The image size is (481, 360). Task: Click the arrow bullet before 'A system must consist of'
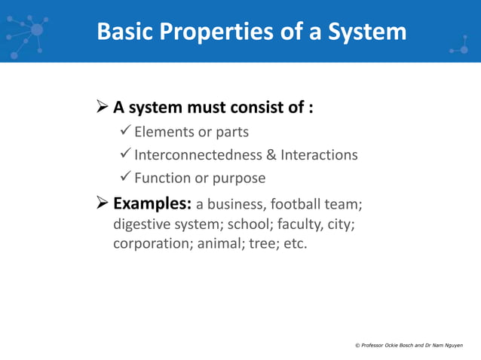103,107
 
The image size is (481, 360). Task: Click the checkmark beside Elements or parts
126,132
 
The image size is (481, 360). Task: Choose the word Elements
163,133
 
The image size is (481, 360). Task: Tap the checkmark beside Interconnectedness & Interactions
126,154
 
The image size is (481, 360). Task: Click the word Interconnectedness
198,155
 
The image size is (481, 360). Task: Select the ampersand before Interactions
271,155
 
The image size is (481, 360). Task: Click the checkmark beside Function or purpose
126,178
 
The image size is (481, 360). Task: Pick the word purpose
239,178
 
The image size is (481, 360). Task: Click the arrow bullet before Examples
103,203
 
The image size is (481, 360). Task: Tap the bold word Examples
152,204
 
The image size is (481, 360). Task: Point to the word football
296,204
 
